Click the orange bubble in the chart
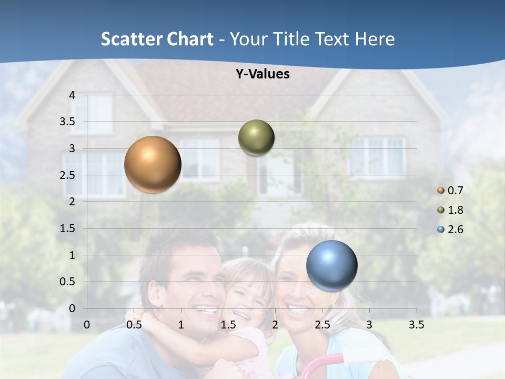coord(153,164)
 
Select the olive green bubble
coord(256,138)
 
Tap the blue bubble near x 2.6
coord(331,265)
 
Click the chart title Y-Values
coord(262,74)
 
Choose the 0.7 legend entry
coord(450,191)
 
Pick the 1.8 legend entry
coord(450,210)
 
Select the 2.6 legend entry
coord(450,230)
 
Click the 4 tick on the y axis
coord(72,95)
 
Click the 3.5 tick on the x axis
coord(416,325)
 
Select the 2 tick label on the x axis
coord(275,325)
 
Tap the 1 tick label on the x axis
coord(181,325)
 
